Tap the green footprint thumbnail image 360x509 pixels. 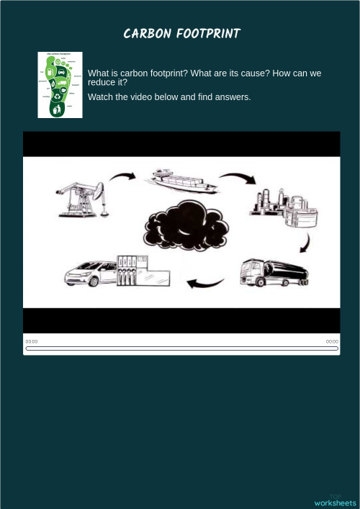[60, 85]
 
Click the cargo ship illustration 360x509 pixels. [181, 181]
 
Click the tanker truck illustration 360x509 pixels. [274, 273]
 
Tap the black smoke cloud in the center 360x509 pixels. [186, 226]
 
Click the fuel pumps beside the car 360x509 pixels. [127, 270]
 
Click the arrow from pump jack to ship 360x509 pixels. [122, 176]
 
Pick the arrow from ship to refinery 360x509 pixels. [237, 176]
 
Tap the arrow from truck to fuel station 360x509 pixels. [205, 283]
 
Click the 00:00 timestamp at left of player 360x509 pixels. [32, 341]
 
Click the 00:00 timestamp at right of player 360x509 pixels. [332, 341]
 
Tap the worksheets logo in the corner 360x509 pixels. [335, 502]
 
